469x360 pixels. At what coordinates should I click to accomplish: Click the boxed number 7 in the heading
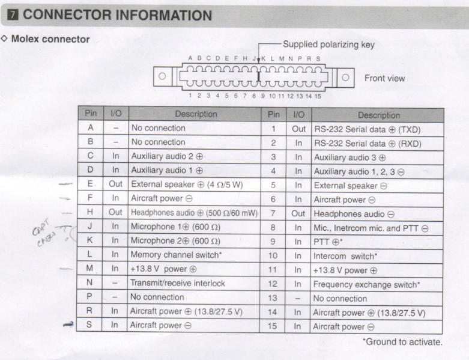tap(13, 15)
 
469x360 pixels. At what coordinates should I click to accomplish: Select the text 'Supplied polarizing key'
tap(328, 44)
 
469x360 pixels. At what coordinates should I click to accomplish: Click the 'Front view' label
tap(385, 78)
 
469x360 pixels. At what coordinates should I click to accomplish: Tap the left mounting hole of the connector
tap(162, 76)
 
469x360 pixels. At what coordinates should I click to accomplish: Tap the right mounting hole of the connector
tap(345, 78)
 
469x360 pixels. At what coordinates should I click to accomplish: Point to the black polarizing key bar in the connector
tap(258, 76)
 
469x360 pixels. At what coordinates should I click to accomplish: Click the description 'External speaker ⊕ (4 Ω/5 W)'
tap(187, 185)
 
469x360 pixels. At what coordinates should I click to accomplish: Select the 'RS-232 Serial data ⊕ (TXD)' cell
tap(368, 130)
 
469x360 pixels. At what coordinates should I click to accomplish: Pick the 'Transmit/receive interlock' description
tap(178, 283)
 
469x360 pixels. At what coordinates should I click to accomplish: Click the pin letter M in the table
tap(89, 268)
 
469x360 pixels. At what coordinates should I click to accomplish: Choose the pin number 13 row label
tap(273, 298)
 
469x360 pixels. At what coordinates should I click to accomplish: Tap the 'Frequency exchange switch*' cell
tap(367, 285)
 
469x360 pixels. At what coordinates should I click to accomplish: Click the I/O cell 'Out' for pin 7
tap(298, 214)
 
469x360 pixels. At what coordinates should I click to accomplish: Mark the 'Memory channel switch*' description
tap(176, 255)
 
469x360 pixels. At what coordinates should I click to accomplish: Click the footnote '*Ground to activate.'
tap(402, 342)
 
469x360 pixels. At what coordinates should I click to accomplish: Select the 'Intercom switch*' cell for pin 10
tap(345, 256)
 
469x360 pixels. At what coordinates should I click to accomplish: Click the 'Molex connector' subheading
tap(50, 39)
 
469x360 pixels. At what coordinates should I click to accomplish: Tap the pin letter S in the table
tap(89, 325)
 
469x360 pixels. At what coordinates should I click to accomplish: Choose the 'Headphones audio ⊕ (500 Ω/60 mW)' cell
tap(194, 213)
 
